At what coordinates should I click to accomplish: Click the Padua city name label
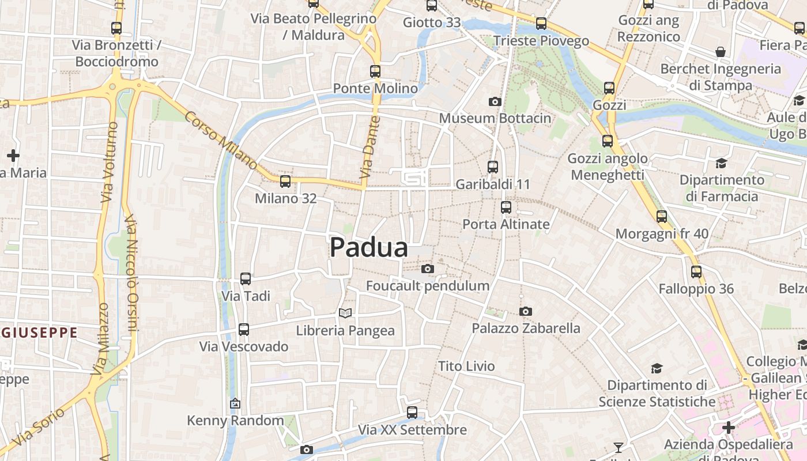pos(369,248)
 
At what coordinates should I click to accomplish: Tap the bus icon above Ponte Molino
pos(375,71)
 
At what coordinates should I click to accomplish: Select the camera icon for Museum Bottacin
pos(495,102)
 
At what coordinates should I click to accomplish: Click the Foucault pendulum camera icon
pos(427,269)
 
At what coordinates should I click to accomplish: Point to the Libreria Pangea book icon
pos(345,313)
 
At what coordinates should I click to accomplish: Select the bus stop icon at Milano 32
pos(285,182)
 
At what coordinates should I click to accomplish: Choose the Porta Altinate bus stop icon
pos(506,207)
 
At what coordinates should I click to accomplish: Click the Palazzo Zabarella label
pos(526,328)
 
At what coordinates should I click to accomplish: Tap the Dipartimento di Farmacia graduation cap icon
pos(721,163)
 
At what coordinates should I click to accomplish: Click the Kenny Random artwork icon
pos(235,404)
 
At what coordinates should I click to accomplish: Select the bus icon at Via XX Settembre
pos(412,413)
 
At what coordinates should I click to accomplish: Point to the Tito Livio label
pos(466,366)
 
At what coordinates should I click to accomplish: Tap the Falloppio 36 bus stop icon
pos(696,271)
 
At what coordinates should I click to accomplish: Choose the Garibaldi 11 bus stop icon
pos(493,167)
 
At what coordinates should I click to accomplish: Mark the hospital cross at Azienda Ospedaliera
pos(729,428)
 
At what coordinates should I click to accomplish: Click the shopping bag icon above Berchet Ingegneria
pos(721,52)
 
